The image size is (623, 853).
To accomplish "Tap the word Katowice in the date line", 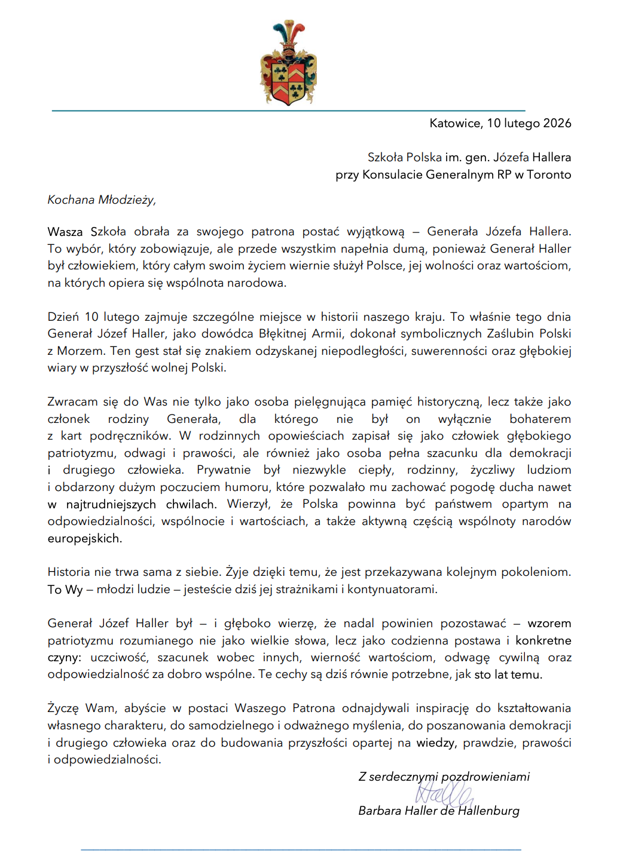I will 456,124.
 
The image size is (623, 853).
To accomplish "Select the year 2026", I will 557,124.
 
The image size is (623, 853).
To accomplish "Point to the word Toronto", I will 549,175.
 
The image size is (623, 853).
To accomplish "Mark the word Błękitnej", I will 283,334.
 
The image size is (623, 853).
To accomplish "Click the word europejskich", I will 84,539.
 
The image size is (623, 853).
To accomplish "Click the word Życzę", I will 63,708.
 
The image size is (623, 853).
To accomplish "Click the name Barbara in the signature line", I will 380,811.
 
